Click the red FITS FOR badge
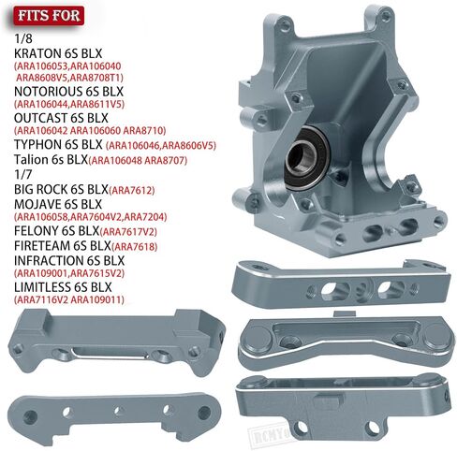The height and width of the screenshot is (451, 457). tap(49, 16)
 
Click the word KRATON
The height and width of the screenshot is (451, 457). tap(37, 53)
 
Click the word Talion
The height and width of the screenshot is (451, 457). tap(31, 160)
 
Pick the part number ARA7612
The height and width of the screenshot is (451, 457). tap(131, 190)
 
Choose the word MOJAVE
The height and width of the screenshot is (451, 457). tap(37, 205)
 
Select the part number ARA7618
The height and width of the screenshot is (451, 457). tap(134, 247)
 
